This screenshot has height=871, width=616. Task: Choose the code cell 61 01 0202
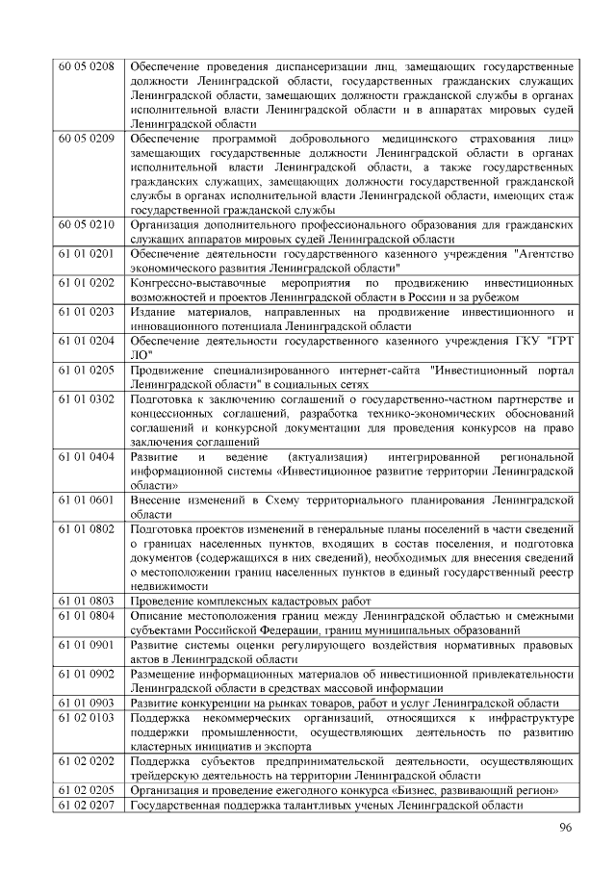click(87, 284)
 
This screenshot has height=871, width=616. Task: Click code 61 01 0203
click(87, 313)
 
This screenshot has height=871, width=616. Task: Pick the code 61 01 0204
click(87, 342)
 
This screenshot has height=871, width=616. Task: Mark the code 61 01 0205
click(87, 371)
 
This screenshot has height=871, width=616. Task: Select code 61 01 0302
click(87, 400)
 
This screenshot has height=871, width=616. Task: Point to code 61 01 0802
click(87, 529)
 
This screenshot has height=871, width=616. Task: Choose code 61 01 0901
click(87, 646)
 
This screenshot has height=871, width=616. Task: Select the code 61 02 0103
click(87, 718)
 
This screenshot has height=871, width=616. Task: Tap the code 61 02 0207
click(87, 805)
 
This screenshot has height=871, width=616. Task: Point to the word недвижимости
click(169, 586)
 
